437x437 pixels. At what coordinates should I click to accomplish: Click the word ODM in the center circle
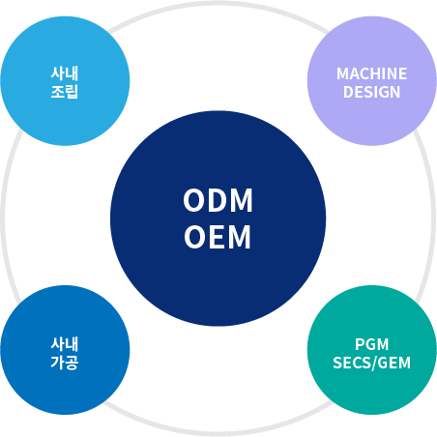click(218, 200)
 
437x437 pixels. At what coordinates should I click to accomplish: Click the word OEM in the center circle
click(218, 237)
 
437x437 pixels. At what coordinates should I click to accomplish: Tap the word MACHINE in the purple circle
click(371, 73)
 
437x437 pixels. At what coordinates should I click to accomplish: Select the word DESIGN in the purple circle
click(371, 92)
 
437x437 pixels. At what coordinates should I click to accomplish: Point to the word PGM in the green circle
click(371, 344)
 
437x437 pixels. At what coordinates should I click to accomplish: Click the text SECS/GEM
click(371, 363)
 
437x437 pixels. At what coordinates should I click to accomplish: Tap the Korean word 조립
click(65, 92)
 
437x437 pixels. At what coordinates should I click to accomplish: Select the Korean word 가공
click(65, 363)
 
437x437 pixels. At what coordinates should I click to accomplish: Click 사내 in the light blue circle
click(65, 73)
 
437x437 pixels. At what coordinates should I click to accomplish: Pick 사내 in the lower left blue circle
click(65, 344)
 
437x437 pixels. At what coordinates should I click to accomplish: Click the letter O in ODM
click(194, 200)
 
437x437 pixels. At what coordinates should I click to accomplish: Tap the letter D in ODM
click(218, 200)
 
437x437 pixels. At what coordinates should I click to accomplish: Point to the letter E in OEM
click(218, 237)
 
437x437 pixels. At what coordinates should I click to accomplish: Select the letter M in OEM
click(240, 237)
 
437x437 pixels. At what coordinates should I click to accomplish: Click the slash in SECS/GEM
click(373, 364)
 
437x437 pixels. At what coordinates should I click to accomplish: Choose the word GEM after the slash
click(393, 363)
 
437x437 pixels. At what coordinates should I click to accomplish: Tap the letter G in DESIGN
click(382, 92)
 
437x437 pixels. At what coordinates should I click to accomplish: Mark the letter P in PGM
click(360, 344)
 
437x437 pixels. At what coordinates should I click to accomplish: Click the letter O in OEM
click(195, 237)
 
